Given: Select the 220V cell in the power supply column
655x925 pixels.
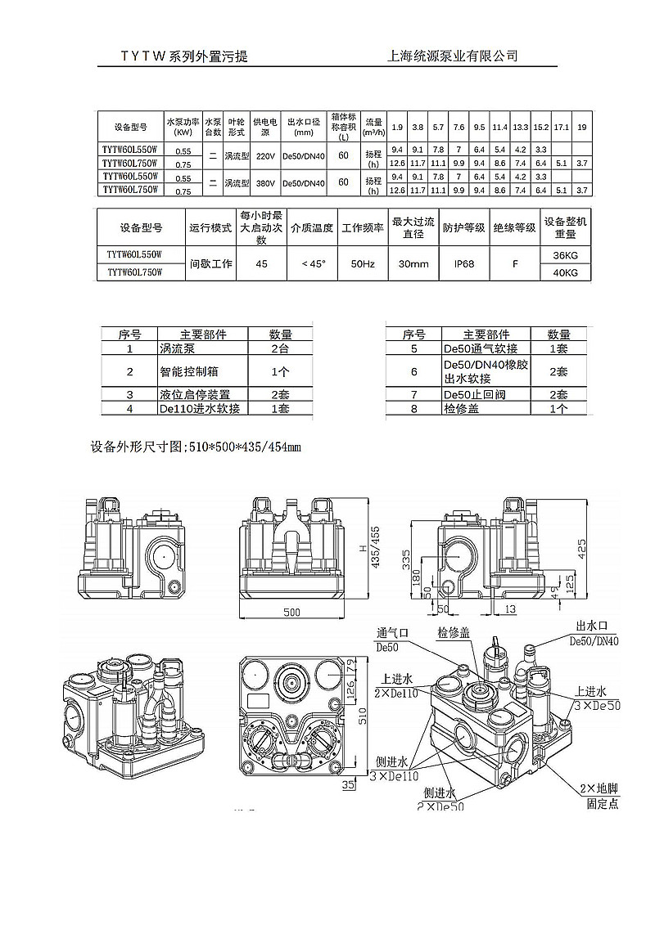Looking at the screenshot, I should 264,155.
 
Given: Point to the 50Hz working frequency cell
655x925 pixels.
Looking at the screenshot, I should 362,264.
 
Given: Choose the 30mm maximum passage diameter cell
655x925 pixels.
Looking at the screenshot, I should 413,264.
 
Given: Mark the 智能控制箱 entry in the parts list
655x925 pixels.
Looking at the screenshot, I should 189,371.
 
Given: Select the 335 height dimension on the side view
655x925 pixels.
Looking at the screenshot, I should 406,557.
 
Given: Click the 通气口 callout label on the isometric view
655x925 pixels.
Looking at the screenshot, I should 392,633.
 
